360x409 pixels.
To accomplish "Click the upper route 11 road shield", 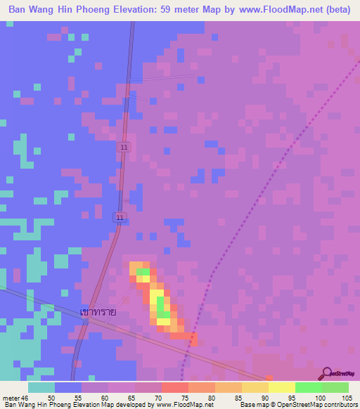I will (x=124, y=147).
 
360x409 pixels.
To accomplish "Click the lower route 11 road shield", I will (x=120, y=218).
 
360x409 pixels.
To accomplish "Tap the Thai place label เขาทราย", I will (x=98, y=310).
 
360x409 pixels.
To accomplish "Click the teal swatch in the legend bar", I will (x=41, y=387).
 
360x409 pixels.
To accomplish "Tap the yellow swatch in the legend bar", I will (x=282, y=387).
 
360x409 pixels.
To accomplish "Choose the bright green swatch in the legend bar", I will (x=309, y=387).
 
